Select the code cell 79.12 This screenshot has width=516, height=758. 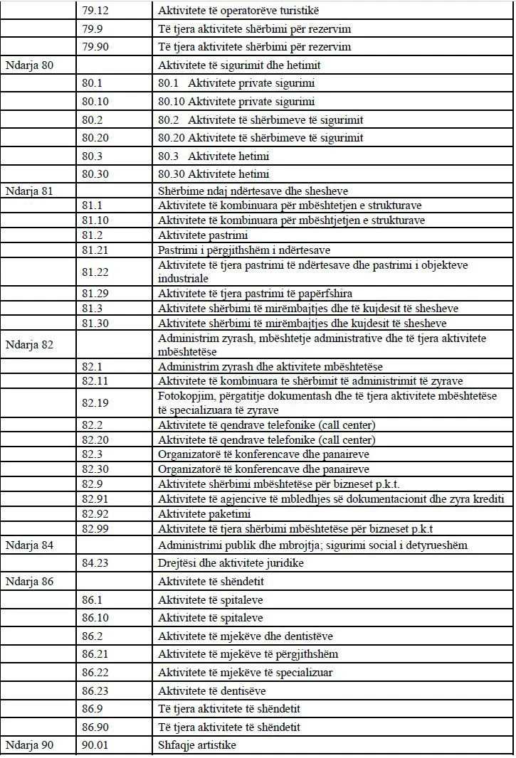pos(95,11)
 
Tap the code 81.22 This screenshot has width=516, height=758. pos(95,272)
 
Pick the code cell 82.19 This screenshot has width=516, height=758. pos(95,403)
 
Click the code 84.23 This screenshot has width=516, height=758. pos(95,563)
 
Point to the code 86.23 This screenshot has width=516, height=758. pos(95,690)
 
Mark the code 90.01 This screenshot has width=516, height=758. pos(95,745)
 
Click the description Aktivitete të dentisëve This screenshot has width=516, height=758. pos(215,690)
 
